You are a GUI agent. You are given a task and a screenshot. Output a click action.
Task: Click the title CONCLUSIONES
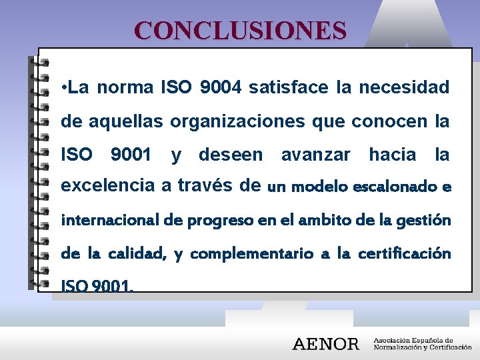(x=240, y=31)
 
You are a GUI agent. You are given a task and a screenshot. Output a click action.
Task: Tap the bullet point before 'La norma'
(x=62, y=87)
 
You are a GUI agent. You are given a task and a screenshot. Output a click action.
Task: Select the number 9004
(x=223, y=87)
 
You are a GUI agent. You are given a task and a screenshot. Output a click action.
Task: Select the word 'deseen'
(x=231, y=155)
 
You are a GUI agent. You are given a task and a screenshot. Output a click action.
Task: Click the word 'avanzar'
(x=315, y=155)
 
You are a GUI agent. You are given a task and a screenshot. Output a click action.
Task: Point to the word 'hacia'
(x=392, y=155)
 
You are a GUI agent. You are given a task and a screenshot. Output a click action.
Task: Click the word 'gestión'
(x=426, y=220)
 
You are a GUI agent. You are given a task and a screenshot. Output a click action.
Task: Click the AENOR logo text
(x=326, y=344)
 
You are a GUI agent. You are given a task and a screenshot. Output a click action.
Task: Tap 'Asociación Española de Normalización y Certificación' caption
(x=422, y=343)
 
